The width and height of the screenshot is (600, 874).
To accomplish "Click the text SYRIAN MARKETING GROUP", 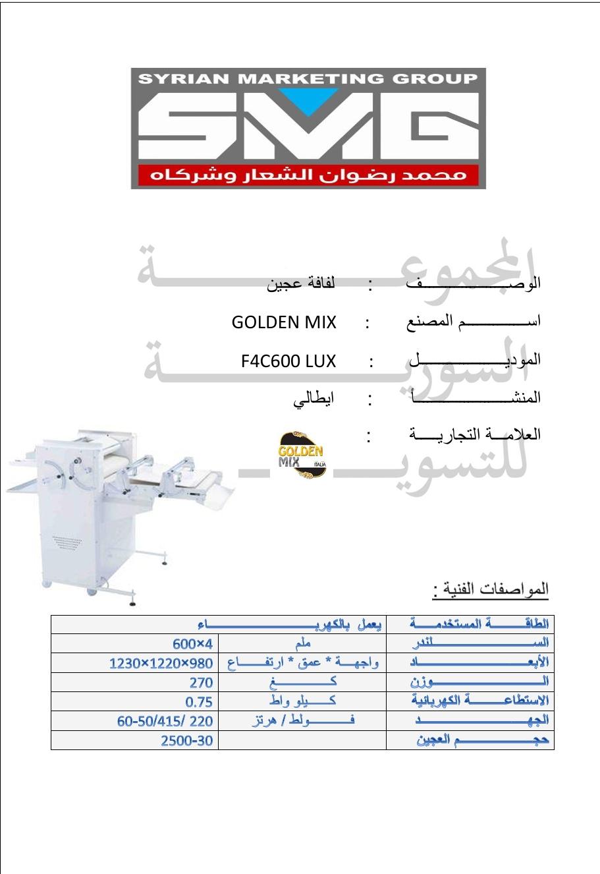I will pos(308,78).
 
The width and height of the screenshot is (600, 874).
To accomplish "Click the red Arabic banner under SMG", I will pos(308,175).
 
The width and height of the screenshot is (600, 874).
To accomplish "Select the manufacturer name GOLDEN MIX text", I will pos(284,322).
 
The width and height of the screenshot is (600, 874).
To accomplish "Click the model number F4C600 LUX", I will pos(288,361).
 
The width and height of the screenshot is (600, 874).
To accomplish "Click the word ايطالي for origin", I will pos(314,398).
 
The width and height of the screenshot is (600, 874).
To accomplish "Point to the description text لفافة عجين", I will pos(301,285).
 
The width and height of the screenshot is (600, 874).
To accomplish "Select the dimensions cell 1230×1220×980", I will pos(161,663).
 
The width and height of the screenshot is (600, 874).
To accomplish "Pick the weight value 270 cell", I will pos(201,682).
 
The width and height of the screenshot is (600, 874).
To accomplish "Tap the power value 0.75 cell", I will pos(199,702).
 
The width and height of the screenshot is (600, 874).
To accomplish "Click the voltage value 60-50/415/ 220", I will pos(165,721).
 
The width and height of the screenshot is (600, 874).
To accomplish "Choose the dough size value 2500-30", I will pos(187,741).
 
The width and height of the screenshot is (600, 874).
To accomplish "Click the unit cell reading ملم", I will pos(302,643).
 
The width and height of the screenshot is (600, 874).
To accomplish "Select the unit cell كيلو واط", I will pos(302,701).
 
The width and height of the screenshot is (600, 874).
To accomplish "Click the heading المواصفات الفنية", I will pos(491,589).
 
